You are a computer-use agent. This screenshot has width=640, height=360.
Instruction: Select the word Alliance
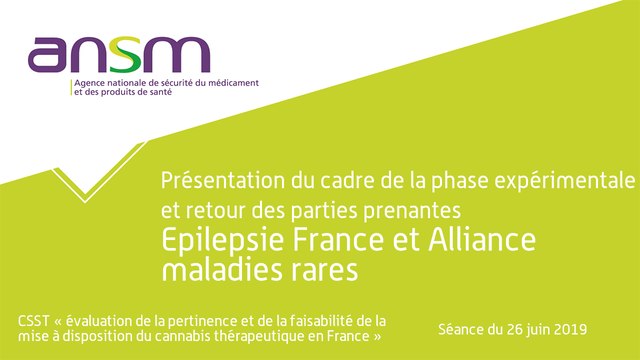[481, 241]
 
